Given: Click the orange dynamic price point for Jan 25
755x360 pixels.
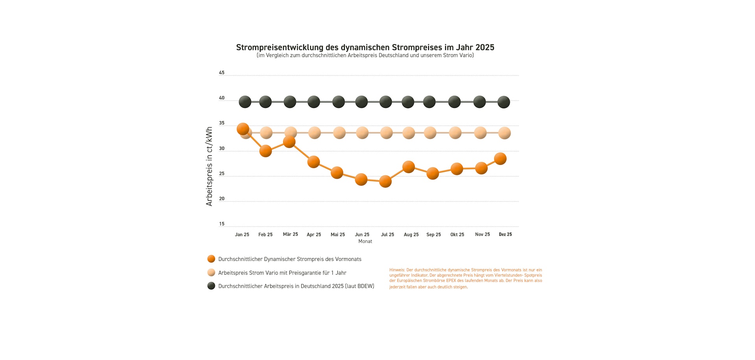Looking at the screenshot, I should pos(243,129).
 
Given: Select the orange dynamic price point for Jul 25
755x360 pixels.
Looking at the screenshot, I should pos(385,181).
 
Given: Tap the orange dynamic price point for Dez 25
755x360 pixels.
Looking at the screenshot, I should pos(500,159).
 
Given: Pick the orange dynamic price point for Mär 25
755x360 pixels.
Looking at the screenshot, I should pos(289,142).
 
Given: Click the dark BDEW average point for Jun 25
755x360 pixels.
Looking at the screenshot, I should pos(361,102).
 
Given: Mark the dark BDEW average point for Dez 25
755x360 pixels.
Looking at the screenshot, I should pos(504,102).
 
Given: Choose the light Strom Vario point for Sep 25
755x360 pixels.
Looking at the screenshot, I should pos(430,133).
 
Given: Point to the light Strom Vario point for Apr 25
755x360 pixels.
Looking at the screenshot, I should pos(315,133).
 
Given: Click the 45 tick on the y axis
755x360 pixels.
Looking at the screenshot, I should pos(222,73).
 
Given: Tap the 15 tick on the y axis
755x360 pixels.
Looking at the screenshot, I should pos(222,224).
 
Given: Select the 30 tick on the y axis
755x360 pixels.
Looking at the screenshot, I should pos(222,148).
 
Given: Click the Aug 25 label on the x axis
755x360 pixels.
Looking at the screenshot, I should pos(411,234).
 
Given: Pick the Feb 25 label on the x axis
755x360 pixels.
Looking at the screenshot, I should pos(265,234).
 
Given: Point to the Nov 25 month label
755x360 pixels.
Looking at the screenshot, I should pos(482,234).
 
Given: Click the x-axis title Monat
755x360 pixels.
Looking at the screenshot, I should pos(365,242).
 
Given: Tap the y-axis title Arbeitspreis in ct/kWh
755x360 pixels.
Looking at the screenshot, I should pos(209,166).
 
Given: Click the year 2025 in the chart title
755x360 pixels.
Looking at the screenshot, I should pos(484,47).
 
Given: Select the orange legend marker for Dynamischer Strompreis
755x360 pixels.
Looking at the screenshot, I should pos(211,259).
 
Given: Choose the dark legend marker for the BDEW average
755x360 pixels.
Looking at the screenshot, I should pos(211,286).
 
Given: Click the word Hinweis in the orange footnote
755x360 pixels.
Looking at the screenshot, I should pos(397,270).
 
